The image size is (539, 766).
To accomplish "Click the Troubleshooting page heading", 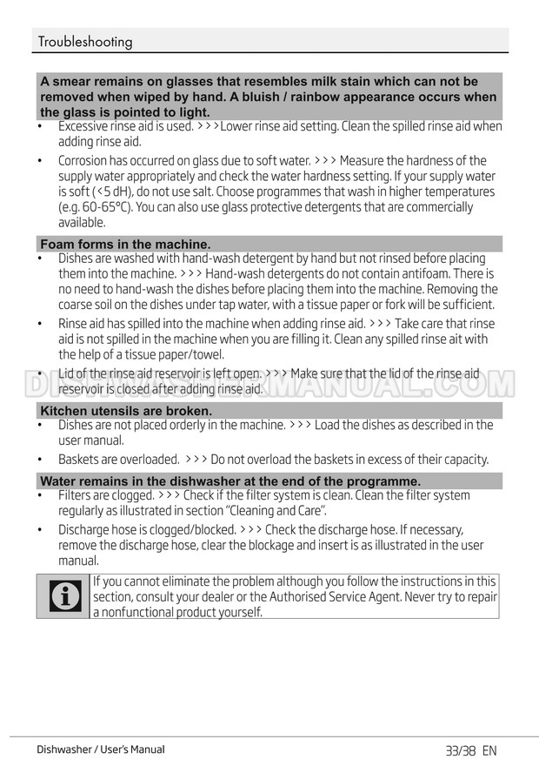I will pos(85,42).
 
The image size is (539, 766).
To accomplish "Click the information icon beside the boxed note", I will pos(63,596).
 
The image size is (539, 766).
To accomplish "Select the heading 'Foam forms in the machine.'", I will pos(125,245).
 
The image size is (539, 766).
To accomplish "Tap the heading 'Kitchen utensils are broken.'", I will pos(126,411).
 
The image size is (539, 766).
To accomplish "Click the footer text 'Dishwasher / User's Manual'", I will pos(101,749).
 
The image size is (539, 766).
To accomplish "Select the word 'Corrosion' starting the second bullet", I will pos(84,160).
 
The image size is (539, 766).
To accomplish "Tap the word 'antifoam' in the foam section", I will pos(409,273).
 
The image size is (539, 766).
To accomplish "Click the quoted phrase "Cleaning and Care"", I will pos(275,511).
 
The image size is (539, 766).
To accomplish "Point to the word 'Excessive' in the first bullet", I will pos(83,126).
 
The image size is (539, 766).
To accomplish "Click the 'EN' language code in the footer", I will pos(489,750).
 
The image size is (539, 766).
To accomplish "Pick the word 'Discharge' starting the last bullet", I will pos(85,529).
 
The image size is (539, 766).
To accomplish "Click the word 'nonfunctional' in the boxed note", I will pos(143,612).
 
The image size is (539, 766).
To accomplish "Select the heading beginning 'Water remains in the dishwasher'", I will pos(230,481).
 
